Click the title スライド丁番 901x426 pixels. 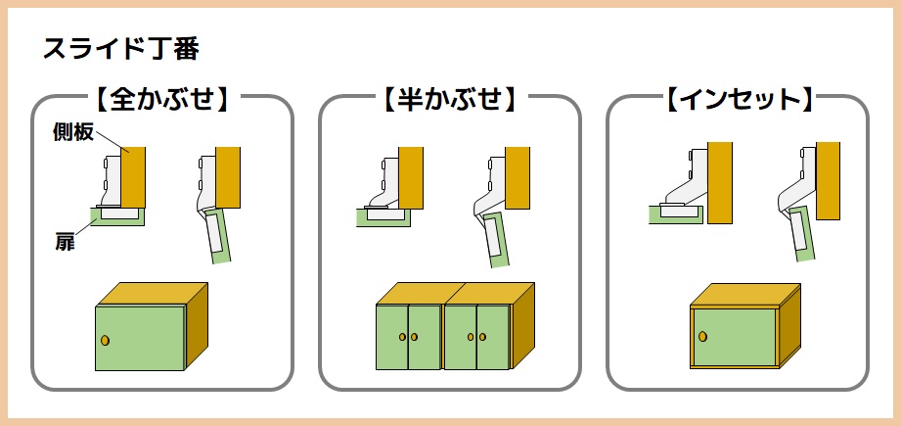click(121, 49)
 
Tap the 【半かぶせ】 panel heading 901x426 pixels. click(449, 100)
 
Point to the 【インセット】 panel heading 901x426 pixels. click(740, 100)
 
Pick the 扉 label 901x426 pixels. click(64, 243)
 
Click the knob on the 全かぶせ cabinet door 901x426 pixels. click(105, 340)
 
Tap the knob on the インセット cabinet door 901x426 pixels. click(701, 336)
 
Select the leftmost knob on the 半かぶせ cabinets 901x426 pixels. click(402, 337)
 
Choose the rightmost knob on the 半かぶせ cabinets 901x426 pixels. click(482, 337)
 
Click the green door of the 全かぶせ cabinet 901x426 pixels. click(140, 338)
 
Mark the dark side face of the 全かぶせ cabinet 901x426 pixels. click(197, 325)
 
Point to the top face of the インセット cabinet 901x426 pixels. click(744, 295)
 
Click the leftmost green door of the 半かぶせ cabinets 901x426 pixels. click(392, 337)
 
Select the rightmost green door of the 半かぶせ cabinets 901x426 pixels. click(493, 337)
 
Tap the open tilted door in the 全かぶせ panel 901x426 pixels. click(217, 236)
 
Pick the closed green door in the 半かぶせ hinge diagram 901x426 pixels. click(383, 217)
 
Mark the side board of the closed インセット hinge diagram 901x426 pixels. click(720, 183)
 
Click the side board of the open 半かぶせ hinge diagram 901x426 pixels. click(518, 177)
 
